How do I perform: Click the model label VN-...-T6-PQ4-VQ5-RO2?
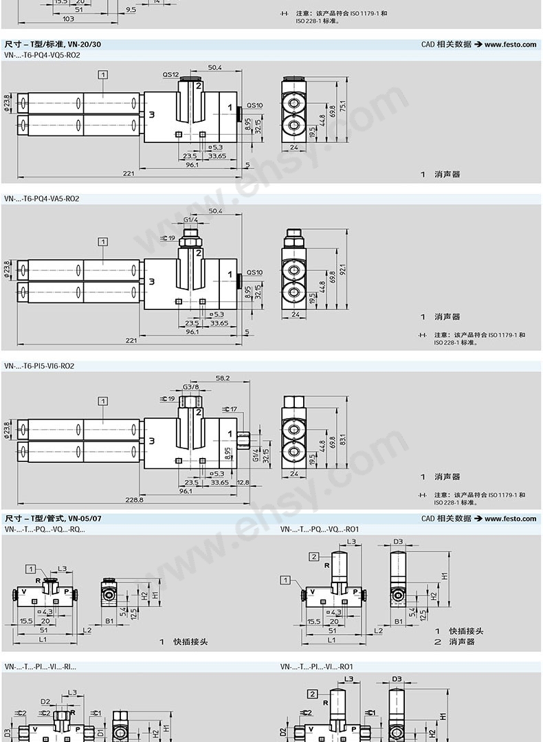(42, 55)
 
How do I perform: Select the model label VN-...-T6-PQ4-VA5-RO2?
(42, 199)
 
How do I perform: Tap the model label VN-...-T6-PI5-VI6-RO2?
(39, 367)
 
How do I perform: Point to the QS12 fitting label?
(170, 74)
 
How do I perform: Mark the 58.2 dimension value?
(222, 378)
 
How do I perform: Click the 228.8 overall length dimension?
(135, 500)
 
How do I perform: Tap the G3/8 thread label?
(190, 387)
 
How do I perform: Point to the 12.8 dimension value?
(243, 483)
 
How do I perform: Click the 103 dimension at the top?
(69, 19)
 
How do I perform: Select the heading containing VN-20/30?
(53, 44)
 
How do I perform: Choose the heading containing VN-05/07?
(53, 519)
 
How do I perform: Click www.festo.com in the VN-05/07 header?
(510, 519)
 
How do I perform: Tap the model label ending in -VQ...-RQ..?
(45, 530)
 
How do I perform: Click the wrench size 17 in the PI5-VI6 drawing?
(232, 409)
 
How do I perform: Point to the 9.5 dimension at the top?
(131, 10)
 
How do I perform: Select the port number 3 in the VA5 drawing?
(151, 281)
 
